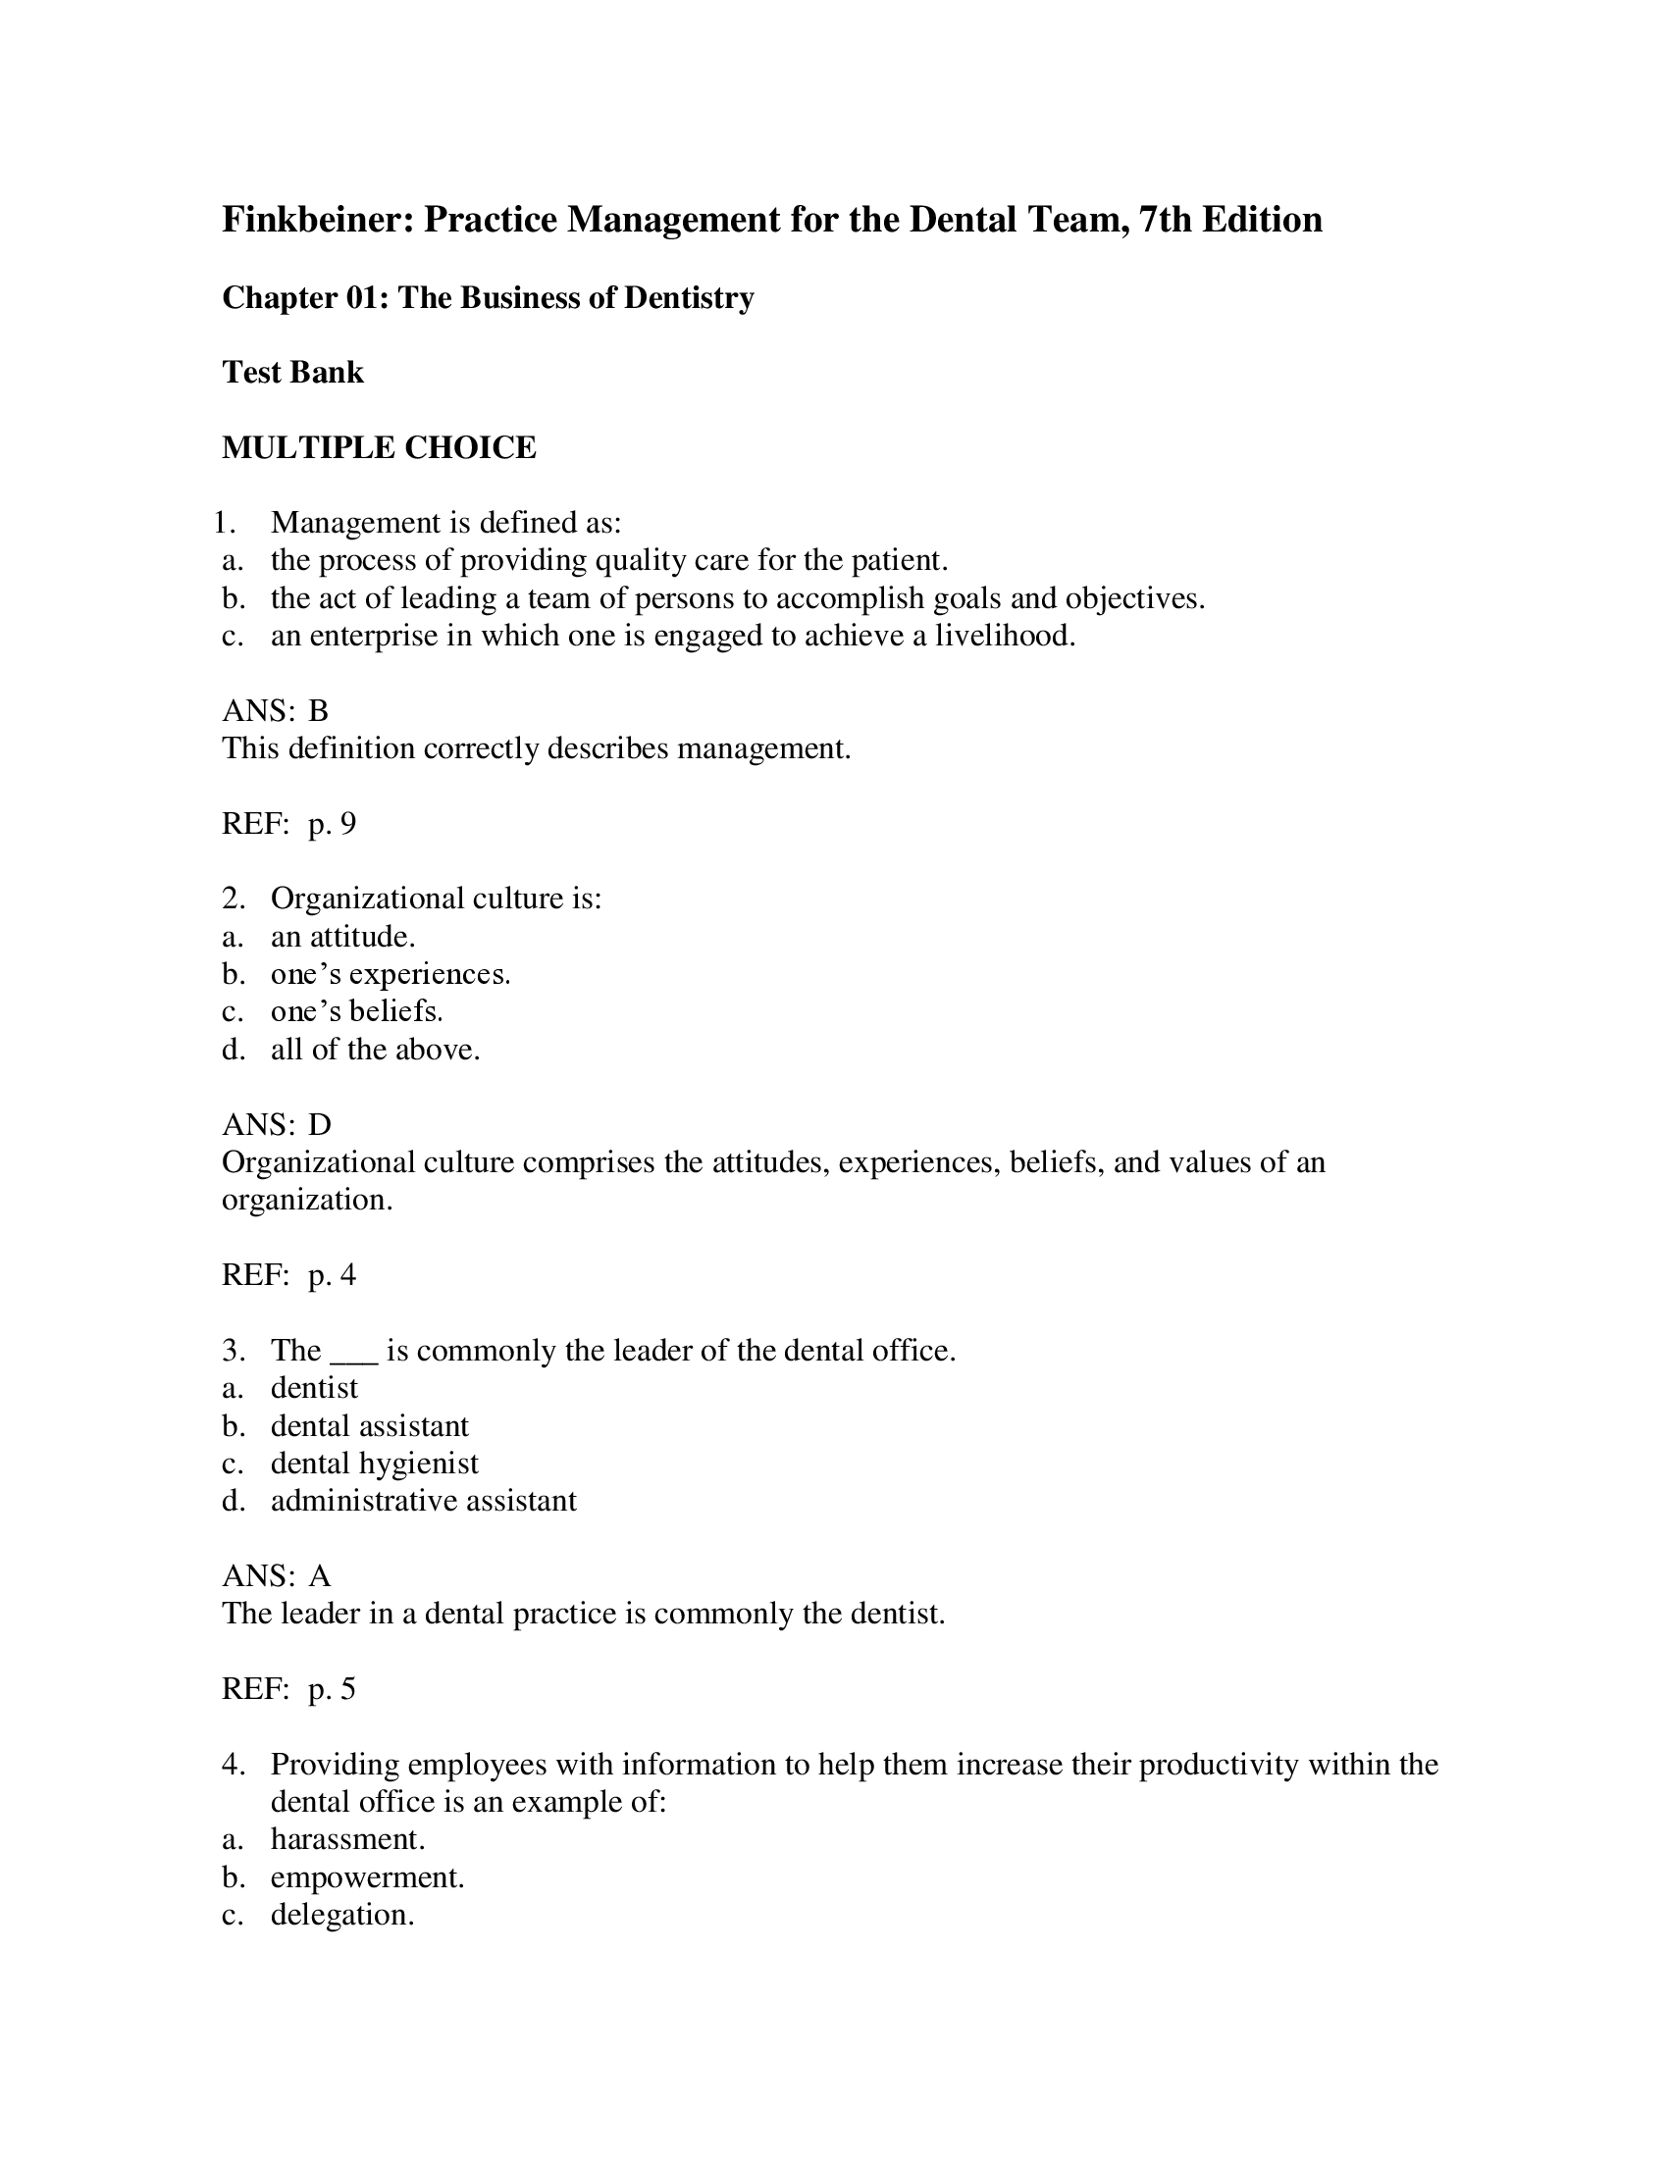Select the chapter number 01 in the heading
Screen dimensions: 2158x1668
click(x=366, y=297)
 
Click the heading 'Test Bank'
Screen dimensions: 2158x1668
click(x=292, y=373)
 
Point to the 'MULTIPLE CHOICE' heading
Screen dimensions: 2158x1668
click(x=379, y=447)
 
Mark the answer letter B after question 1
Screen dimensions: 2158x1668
click(x=318, y=711)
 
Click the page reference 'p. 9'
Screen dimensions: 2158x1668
click(x=332, y=824)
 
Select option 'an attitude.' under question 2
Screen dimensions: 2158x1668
click(x=342, y=937)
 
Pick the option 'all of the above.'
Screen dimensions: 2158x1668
click(x=376, y=1050)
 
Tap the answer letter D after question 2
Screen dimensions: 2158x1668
click(x=319, y=1124)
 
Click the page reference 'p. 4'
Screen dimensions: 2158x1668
click(x=332, y=1275)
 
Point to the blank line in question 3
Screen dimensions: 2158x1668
click(x=354, y=1354)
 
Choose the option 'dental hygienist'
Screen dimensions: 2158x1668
click(x=375, y=1464)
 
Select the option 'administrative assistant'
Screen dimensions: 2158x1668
click(x=423, y=1501)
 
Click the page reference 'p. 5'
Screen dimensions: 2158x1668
click(x=332, y=1689)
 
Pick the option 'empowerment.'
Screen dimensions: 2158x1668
click(x=368, y=1877)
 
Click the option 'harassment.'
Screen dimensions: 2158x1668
click(x=348, y=1840)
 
